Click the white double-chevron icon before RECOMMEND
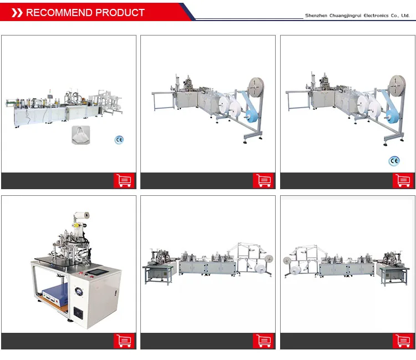(x=17, y=13)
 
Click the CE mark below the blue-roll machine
(x=394, y=161)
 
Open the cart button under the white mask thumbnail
(x=124, y=180)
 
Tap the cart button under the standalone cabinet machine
(x=124, y=341)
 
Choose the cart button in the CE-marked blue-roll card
(x=403, y=180)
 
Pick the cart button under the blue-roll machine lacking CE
(x=263, y=180)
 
